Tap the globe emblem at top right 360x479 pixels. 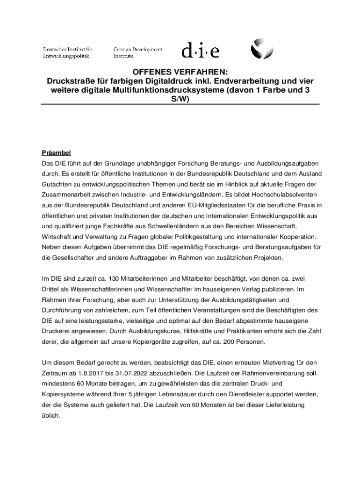(261, 49)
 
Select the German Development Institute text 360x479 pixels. (138, 52)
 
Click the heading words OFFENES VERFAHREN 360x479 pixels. (180, 72)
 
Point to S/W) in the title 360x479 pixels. (180, 99)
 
